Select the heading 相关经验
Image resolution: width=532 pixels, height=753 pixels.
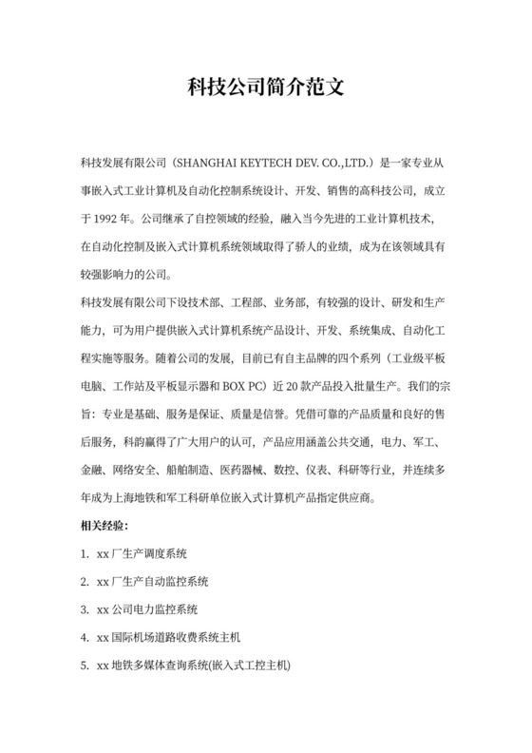tap(104, 525)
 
